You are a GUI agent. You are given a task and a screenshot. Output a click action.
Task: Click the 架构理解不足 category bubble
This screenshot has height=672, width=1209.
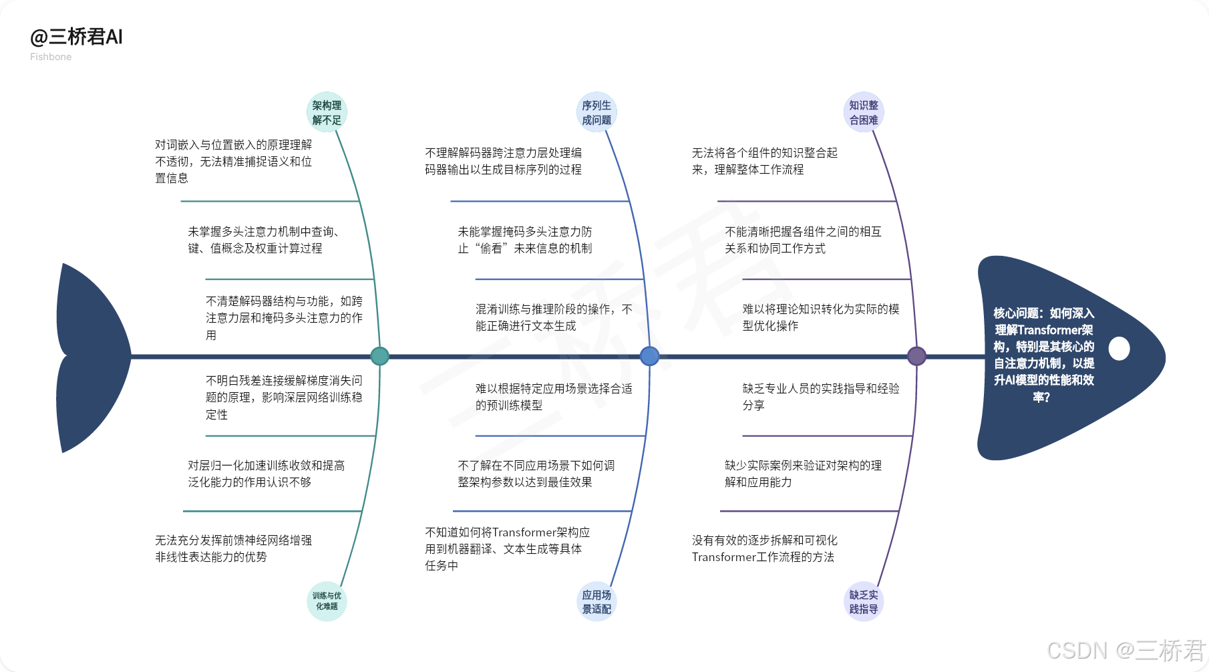pos(327,112)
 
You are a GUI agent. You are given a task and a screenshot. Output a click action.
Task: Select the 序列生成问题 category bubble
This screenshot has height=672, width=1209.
pos(596,112)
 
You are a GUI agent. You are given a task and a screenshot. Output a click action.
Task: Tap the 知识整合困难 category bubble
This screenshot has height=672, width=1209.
pos(864,112)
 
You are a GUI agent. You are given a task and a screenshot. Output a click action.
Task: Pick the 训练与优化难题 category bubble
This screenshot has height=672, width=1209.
pos(327,601)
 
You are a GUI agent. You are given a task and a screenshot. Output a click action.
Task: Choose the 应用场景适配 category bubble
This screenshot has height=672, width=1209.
pos(596,601)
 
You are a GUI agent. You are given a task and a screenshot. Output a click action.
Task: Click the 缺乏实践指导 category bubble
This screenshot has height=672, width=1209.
pos(864,601)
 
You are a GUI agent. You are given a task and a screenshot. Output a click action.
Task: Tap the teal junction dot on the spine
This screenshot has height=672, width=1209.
pos(379,356)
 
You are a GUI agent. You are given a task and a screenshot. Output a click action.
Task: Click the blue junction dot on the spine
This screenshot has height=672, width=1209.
pos(649,356)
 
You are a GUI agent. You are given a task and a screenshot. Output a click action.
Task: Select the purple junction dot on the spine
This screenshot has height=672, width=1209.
pos(916,356)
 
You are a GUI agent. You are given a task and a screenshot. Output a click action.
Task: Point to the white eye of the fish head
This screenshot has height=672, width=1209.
pos(1119,348)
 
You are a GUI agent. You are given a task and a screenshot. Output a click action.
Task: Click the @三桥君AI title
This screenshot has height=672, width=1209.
pos(76,37)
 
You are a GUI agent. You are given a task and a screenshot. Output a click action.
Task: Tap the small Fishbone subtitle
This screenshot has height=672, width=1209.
pos(51,57)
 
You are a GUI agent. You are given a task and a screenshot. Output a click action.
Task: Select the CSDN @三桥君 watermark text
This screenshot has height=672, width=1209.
pos(1126,650)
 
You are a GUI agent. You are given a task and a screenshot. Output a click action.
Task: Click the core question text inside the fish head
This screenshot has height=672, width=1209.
pos(1043,355)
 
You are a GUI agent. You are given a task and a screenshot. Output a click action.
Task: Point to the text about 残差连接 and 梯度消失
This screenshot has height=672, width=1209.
pos(284,397)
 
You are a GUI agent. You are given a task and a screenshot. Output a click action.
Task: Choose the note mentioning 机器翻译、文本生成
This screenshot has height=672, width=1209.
pos(508,548)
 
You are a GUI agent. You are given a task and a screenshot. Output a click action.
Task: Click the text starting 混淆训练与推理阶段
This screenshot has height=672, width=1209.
pos(554,317)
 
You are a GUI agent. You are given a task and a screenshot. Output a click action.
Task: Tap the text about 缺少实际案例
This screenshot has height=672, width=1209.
pos(803,474)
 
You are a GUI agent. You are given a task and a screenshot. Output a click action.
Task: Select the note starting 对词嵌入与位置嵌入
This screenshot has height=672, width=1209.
pos(234,161)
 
